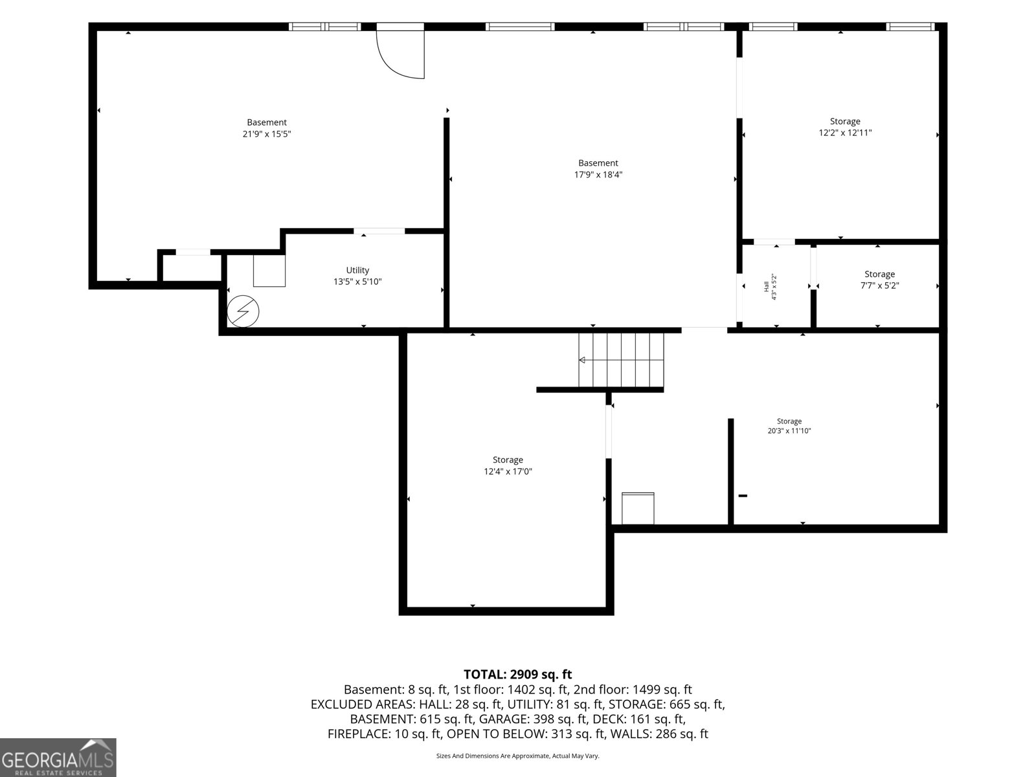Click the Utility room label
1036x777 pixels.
[x=357, y=270]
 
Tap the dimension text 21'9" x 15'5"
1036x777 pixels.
[x=267, y=134]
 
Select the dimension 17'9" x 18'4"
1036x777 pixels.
[x=598, y=175]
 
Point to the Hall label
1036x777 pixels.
[x=766, y=286]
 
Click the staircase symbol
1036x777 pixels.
[x=621, y=361]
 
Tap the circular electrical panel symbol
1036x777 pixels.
[x=243, y=311]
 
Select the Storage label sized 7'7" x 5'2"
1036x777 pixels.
[x=879, y=274]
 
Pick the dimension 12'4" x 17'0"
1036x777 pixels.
[x=508, y=471]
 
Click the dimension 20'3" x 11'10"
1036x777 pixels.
[x=789, y=431]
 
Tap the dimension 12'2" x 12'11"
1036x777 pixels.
[x=845, y=133]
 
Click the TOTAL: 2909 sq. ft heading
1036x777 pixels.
[x=518, y=674]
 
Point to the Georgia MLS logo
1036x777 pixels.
[x=58, y=758]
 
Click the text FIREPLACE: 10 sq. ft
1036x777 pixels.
[x=385, y=734]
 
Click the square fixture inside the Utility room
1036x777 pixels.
[x=269, y=271]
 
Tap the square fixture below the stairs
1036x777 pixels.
[x=638, y=508]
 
